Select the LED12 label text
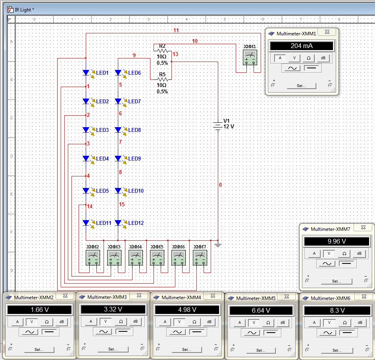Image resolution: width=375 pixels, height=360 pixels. tap(136, 223)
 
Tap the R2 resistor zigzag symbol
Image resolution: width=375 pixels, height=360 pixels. tap(163, 51)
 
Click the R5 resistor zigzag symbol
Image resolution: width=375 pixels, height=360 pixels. tap(163, 79)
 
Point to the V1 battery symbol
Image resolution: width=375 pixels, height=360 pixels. tap(217, 126)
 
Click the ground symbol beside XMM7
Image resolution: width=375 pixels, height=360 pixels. tap(218, 245)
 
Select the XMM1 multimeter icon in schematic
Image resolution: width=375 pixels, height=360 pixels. tap(250, 58)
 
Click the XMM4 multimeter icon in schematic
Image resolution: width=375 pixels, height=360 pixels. tap(136, 258)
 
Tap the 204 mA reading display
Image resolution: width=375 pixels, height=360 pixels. tap(302, 46)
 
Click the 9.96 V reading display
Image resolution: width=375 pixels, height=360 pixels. tap(337, 241)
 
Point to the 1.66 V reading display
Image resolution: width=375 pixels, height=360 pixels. tap(40, 310)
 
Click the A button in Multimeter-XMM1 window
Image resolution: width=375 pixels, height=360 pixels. tap(280, 58)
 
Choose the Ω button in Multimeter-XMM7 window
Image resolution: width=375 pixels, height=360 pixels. tap(344, 254)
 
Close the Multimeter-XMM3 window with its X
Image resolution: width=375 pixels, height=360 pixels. tap(139, 296)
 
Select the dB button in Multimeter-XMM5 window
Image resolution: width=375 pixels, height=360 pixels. tap(283, 323)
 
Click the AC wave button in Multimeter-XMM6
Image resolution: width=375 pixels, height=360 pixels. tap(328, 333)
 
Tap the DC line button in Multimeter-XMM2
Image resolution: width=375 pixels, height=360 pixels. tap(49, 332)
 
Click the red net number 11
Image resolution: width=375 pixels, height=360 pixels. tap(176, 31)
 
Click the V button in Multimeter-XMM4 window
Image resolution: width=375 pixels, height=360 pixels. tap(179, 322)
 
